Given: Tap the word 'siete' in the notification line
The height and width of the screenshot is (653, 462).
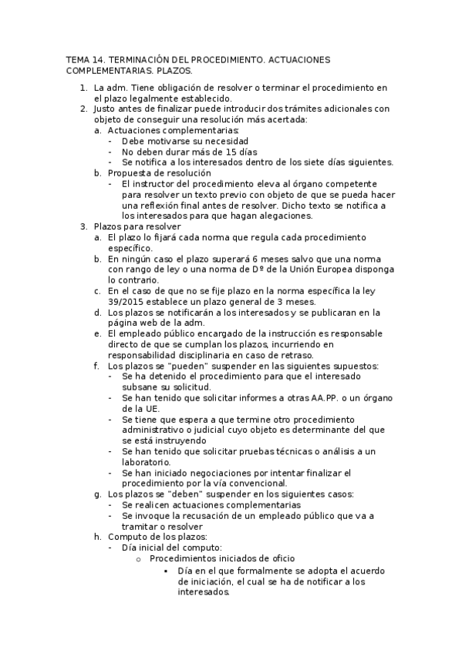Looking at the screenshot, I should point(300,162).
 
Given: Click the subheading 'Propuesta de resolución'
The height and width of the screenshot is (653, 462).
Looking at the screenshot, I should point(157,173).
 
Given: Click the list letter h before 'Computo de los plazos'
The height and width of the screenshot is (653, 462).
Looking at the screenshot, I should point(97,536).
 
